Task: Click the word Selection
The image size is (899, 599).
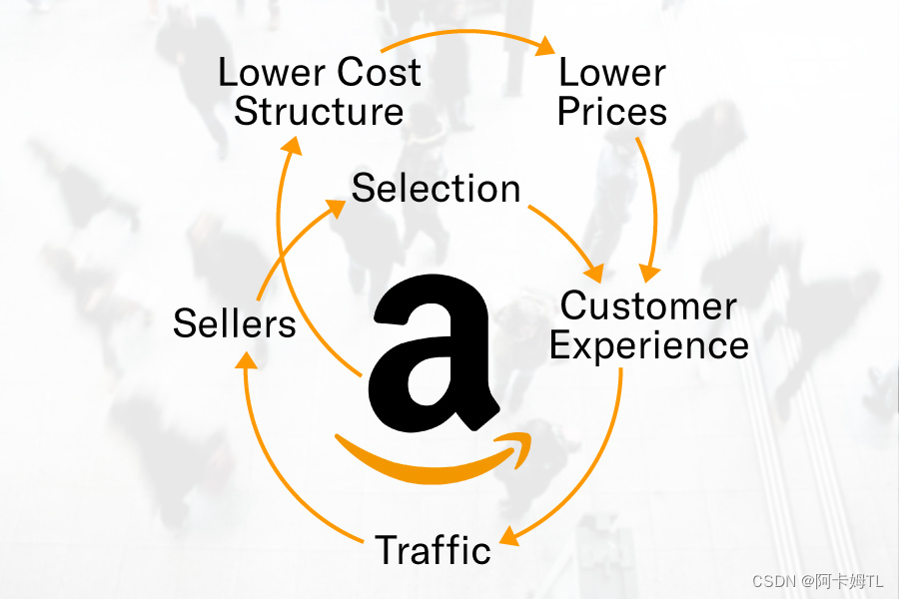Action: [x=437, y=188]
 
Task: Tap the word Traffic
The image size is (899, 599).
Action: [x=434, y=550]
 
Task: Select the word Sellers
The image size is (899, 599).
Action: [x=235, y=323]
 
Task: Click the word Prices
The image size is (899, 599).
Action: [x=612, y=111]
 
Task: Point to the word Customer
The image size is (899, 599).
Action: [x=649, y=305]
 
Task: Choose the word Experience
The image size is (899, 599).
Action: [x=649, y=345]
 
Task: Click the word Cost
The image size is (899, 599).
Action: [x=379, y=72]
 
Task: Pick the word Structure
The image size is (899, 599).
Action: [x=320, y=111]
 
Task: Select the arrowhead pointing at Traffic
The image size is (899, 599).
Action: [x=508, y=537]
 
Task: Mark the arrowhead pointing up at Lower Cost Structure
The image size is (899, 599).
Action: [x=291, y=146]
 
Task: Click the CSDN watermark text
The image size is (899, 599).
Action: [x=817, y=580]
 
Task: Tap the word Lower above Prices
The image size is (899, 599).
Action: [x=612, y=72]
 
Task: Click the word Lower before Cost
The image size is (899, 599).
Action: [x=271, y=72]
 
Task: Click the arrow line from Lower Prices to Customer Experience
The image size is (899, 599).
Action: [x=654, y=200]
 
